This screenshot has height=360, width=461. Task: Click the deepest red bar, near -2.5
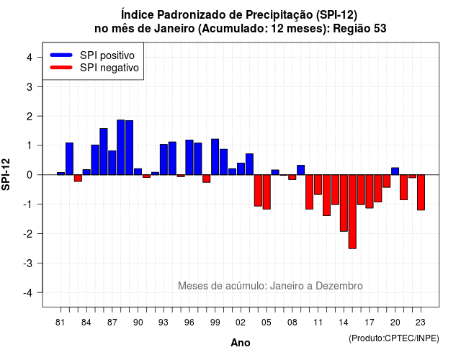(352, 212)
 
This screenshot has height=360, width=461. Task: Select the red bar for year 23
(421, 192)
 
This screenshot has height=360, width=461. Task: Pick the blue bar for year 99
(215, 157)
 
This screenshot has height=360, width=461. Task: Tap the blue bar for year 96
(189, 158)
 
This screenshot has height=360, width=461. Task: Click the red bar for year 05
(267, 192)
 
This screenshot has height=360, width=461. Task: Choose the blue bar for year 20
(395, 171)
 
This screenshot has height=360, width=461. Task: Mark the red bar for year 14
(344, 203)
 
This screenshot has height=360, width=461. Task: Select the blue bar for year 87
(112, 163)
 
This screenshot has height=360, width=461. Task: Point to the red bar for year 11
(318, 184)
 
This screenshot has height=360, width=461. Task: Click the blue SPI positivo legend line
(61, 55)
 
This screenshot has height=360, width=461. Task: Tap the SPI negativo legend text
(109, 68)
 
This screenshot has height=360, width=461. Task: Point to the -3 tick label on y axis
(28, 264)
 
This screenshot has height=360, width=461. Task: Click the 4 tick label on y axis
(30, 58)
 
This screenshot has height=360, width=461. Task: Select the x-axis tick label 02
(241, 323)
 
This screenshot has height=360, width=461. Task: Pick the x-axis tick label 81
(60, 323)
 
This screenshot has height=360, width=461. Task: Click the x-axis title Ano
(241, 343)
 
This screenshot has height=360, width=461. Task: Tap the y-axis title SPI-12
(6, 174)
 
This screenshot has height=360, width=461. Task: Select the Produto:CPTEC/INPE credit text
(394, 338)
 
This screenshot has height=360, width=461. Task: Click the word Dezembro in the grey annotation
(339, 286)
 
